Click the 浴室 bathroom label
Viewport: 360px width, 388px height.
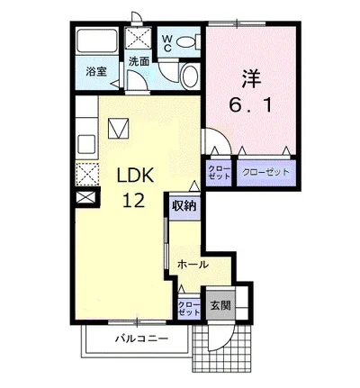click(x=96, y=71)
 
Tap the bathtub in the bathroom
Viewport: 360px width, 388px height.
click(x=96, y=41)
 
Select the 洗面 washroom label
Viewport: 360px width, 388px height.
click(x=139, y=61)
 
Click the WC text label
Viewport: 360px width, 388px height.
click(x=167, y=43)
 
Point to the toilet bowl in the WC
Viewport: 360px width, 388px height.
click(x=186, y=41)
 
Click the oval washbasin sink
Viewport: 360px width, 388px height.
click(x=190, y=77)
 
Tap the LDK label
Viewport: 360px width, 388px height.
click(x=135, y=176)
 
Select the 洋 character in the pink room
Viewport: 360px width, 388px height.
click(x=251, y=79)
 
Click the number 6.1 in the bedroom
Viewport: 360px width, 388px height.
click(x=251, y=105)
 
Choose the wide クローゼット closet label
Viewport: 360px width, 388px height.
click(x=265, y=172)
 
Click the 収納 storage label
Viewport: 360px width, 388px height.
click(x=184, y=206)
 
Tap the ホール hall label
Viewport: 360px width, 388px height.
click(x=193, y=265)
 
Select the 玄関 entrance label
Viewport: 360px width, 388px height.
click(x=220, y=305)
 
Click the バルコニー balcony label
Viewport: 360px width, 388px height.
click(x=142, y=339)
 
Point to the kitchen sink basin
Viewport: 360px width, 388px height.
click(x=86, y=144)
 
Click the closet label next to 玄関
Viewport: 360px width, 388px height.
click(x=189, y=308)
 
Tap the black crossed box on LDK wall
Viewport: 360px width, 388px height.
click(x=86, y=197)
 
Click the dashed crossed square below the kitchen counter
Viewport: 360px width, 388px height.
click(x=86, y=174)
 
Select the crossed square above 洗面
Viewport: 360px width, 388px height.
click(x=138, y=38)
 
